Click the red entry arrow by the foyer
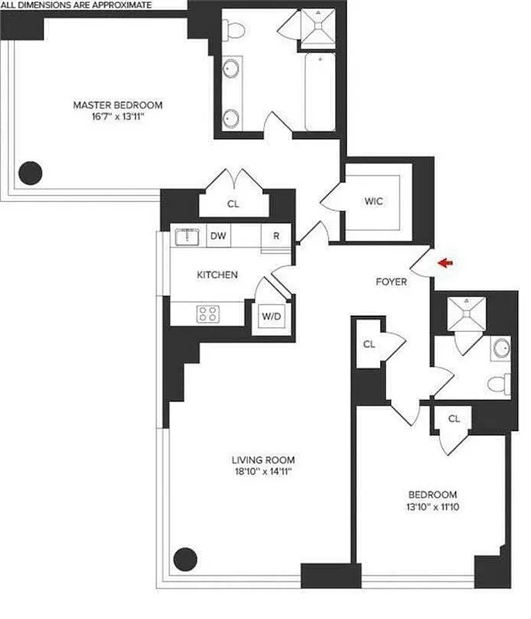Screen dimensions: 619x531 (447, 264)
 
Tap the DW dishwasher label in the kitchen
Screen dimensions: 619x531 (218, 238)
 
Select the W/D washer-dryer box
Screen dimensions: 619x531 (271, 316)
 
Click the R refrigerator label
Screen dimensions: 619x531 (276, 238)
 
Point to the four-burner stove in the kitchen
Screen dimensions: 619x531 (207, 313)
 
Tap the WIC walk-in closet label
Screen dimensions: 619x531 (374, 201)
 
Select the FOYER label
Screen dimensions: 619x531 (391, 282)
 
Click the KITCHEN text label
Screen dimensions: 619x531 (217, 275)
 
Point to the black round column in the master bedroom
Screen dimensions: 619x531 (30, 172)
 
